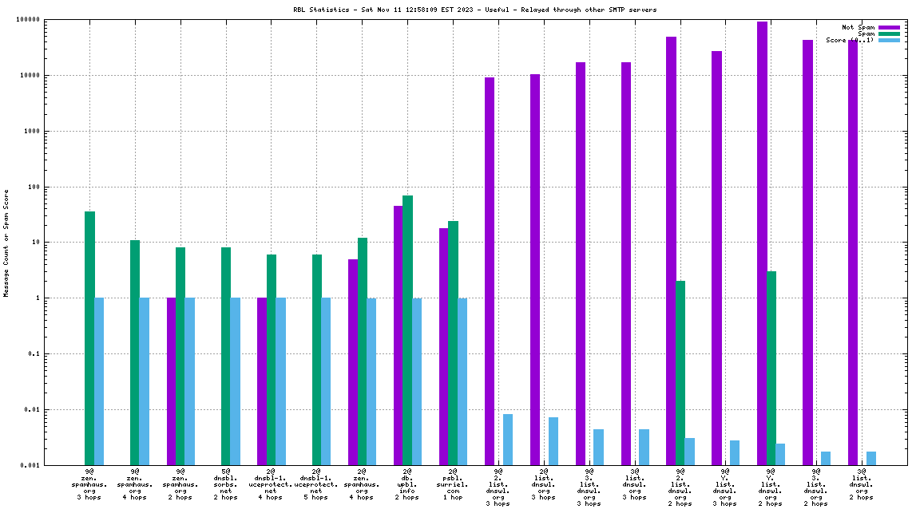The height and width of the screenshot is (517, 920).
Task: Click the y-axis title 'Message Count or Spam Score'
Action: (x=6, y=243)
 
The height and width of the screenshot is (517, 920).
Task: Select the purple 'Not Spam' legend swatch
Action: (x=889, y=27)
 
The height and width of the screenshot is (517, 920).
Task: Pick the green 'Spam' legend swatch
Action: (x=889, y=34)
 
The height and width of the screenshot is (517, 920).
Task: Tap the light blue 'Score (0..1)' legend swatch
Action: (x=889, y=40)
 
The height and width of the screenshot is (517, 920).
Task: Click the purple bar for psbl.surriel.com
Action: (x=443, y=346)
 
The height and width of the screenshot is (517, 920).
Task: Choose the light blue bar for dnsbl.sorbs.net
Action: (x=236, y=381)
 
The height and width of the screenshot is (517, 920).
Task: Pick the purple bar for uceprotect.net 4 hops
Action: (x=262, y=381)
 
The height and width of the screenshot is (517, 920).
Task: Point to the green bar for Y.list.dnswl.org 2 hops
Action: (x=771, y=368)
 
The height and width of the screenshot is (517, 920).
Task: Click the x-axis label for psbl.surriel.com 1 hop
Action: (x=453, y=484)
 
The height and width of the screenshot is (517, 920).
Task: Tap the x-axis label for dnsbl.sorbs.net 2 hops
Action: (x=226, y=484)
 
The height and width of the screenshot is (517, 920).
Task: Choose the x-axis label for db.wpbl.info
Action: (x=407, y=484)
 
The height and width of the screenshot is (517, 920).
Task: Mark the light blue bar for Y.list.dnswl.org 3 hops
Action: (x=735, y=452)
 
